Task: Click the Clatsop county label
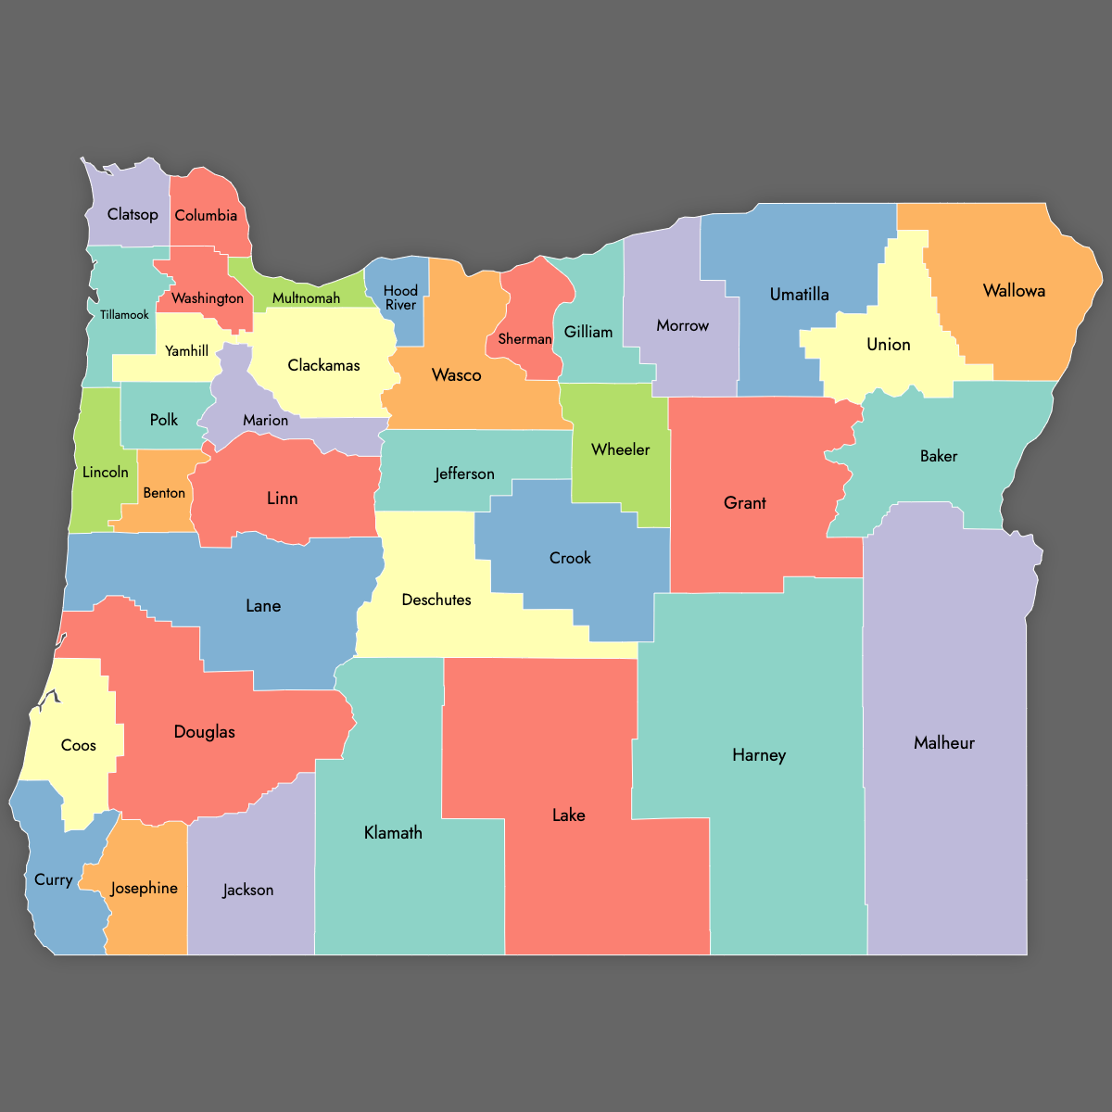click(x=133, y=214)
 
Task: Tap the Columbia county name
click(x=206, y=215)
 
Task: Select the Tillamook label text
click(x=124, y=315)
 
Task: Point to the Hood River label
click(x=400, y=297)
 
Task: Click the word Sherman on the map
click(x=524, y=339)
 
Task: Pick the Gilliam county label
click(x=588, y=332)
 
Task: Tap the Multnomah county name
click(x=306, y=298)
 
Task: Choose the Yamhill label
click(x=186, y=350)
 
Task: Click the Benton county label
click(x=164, y=493)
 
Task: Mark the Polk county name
click(x=164, y=420)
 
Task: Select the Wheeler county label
click(x=620, y=449)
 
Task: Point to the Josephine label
click(x=144, y=888)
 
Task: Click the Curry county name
click(x=53, y=879)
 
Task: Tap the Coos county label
click(x=79, y=745)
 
